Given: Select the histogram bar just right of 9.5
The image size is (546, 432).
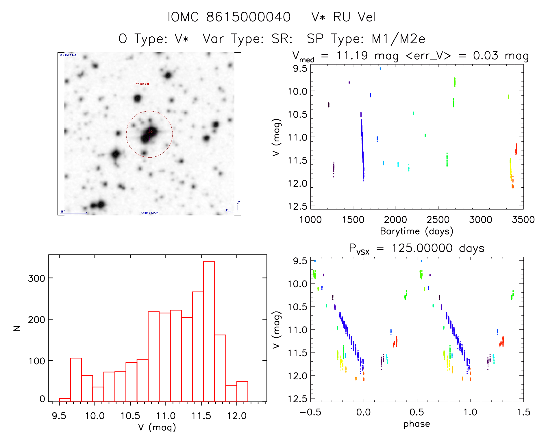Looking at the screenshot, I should point(65,400).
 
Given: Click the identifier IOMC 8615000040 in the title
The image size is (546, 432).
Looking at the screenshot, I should point(229,17).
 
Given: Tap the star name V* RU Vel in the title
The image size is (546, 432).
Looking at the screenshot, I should point(344,17).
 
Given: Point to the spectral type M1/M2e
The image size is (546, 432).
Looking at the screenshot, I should point(398,39).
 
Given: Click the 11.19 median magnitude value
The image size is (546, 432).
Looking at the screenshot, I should point(352,56).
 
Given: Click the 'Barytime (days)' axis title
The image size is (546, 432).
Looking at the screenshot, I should point(416,231).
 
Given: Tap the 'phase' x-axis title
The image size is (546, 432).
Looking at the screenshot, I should point(417,424).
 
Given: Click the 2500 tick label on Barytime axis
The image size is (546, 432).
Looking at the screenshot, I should point(438,219).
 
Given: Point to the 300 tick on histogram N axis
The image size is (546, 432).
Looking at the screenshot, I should point(36,278).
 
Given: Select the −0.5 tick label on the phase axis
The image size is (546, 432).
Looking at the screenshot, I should point(310,412).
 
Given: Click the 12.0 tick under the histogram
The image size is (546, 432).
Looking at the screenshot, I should point(236,416).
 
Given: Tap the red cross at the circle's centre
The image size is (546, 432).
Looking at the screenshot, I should point(151,132).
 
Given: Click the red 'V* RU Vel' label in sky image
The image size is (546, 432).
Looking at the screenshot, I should point(142,84).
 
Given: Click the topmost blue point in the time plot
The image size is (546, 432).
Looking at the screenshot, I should point(380,69).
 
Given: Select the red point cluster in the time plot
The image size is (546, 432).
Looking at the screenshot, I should point(516,149).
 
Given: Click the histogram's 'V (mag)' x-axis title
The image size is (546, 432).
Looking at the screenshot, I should point(157,427).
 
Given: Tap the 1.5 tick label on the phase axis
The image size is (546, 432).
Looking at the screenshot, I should point(523,412).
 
